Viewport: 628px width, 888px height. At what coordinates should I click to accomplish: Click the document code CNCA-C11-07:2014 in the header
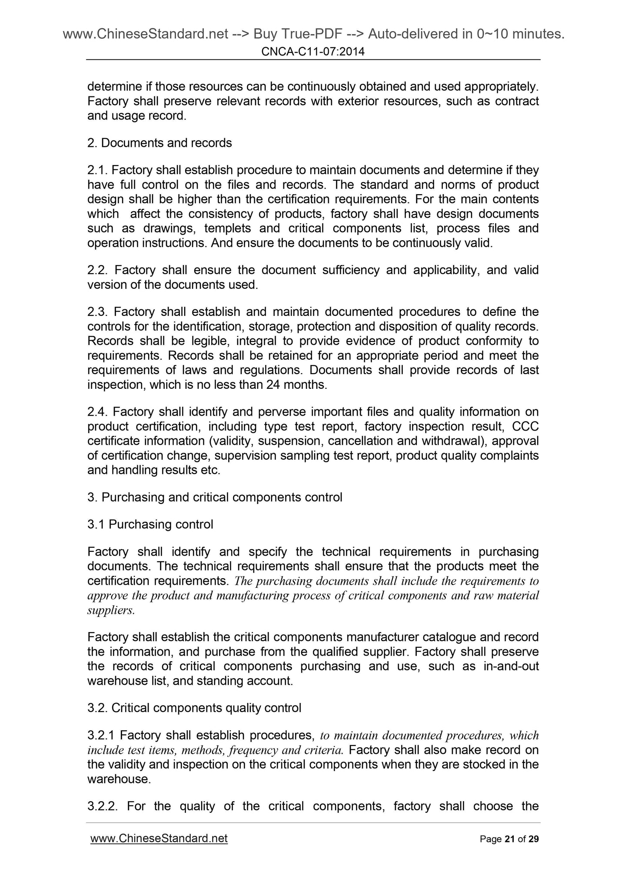coord(313,52)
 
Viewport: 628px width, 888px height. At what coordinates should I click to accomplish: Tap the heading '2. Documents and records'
coord(159,143)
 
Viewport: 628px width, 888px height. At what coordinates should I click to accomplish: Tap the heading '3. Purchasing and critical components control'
coord(215,497)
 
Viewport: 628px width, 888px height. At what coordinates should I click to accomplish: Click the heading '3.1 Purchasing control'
coord(150,525)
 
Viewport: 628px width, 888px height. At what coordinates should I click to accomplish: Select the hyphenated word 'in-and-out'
coord(511,666)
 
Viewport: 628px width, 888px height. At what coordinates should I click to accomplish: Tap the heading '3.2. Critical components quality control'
coord(194,708)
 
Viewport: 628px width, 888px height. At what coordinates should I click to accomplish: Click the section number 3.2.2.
coord(103,806)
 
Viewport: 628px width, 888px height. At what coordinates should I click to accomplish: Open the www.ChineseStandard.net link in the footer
coord(159,838)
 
